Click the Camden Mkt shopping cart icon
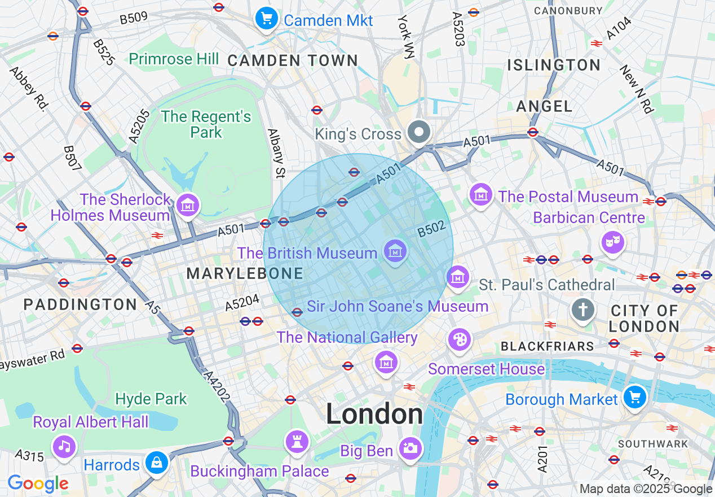(267, 19)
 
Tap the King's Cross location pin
(419, 133)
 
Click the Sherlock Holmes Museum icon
(188, 205)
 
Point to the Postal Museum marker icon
(480, 195)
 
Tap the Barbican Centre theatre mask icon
(613, 242)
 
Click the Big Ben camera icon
(410, 449)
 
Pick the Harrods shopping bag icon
(156, 463)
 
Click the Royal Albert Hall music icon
(64, 446)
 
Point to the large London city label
(374, 415)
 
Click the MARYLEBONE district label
(245, 274)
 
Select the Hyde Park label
(151, 399)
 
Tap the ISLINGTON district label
(554, 65)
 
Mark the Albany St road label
(276, 153)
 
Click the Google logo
(38, 483)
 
